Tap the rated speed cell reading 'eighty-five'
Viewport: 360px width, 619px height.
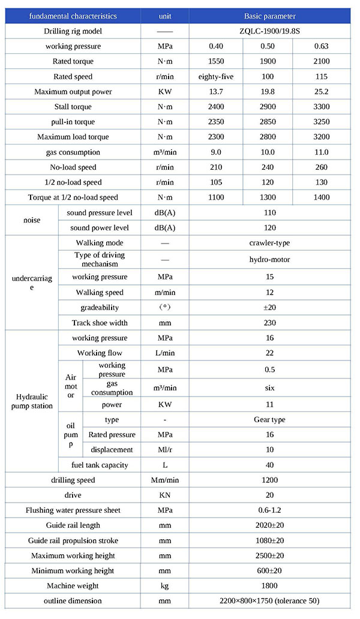coord(215,77)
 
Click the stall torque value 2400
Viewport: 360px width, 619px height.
coord(215,107)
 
